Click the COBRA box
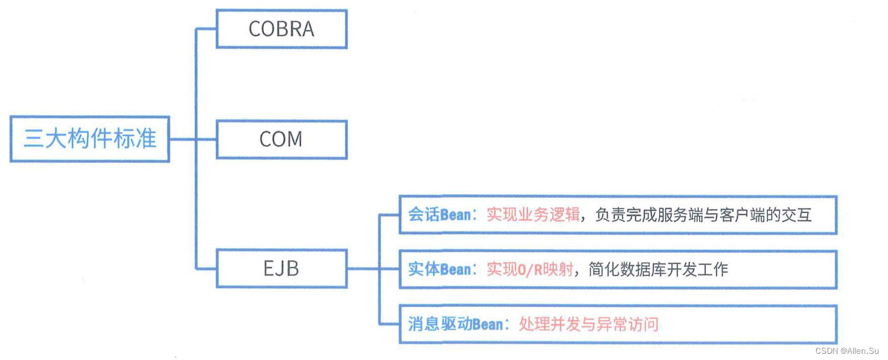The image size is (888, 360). point(281,29)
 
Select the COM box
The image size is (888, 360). point(281,139)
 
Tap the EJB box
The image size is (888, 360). point(281,269)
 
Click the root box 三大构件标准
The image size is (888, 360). point(89,139)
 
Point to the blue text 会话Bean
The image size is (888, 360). point(439,215)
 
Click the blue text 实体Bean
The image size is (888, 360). point(439,269)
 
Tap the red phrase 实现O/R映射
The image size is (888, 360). point(529,269)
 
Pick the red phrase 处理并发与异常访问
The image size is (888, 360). point(588,324)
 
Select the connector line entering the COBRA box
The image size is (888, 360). point(206,29)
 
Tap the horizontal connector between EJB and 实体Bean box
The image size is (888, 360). point(363,269)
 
